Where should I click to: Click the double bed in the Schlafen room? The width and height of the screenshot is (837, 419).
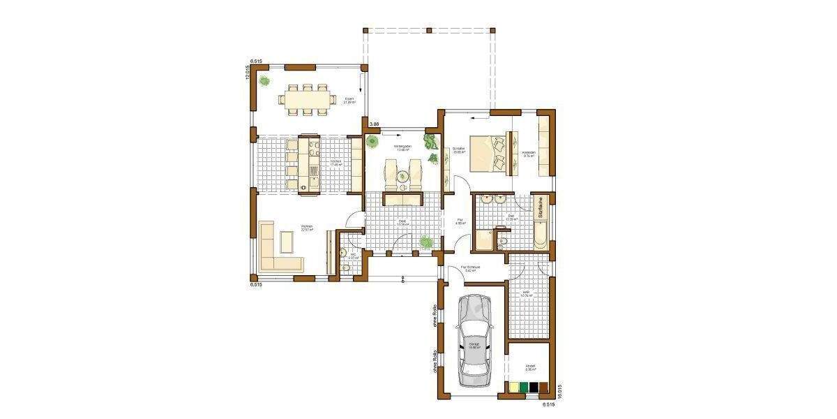[x=488, y=152]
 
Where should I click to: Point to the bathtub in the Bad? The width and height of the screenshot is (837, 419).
[x=541, y=230]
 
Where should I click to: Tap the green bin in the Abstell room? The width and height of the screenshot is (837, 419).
[x=524, y=388]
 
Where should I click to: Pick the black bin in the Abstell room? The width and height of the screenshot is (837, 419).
[x=534, y=388]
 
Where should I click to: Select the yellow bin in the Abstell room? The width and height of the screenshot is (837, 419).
[x=514, y=388]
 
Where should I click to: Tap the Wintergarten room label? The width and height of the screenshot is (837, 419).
[x=402, y=147]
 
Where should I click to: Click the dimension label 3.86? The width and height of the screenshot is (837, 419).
[x=374, y=124]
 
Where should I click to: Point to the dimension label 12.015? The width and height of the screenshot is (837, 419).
[x=248, y=73]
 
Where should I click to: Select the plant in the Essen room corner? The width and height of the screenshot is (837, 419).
[x=265, y=81]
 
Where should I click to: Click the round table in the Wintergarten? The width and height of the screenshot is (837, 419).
[x=402, y=177]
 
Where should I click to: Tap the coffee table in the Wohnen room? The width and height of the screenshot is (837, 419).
[x=287, y=242]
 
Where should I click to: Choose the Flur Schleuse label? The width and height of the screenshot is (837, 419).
[x=468, y=268]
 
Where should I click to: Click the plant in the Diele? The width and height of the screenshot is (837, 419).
[x=425, y=242]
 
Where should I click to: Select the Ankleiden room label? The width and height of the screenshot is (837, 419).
[x=528, y=153]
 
